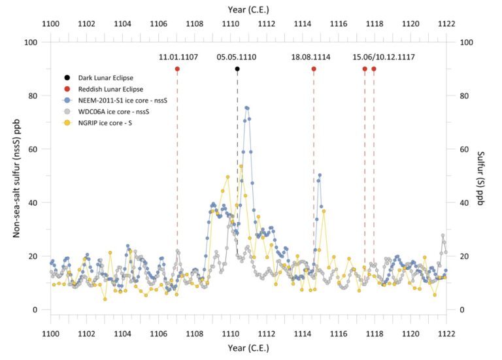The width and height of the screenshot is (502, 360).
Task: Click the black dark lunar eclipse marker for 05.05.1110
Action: point(237,69)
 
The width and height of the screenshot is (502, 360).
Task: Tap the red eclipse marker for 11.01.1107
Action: point(177,69)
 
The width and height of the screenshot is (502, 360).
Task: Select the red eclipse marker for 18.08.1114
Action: point(314,69)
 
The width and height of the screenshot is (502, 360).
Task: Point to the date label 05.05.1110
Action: point(237,57)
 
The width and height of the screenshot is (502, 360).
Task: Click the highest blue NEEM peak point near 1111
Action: point(246,108)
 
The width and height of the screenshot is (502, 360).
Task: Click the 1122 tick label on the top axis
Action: point(446,24)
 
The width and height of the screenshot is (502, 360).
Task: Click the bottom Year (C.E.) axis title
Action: point(248,348)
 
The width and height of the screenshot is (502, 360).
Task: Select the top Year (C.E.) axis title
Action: point(248,10)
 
